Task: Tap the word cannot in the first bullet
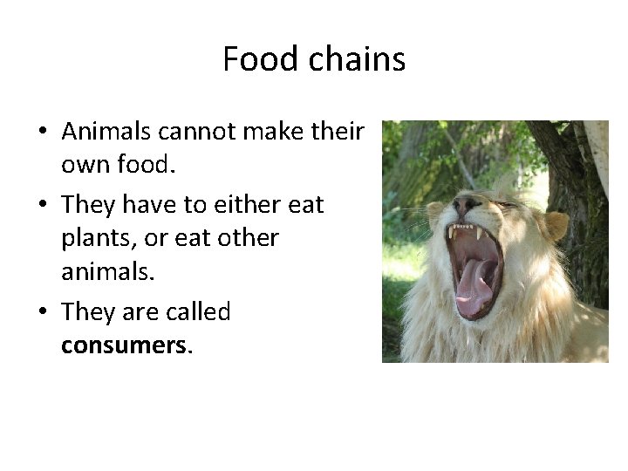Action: pyautogui.click(x=183, y=132)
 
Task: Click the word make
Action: pyautogui.click(x=258, y=132)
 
